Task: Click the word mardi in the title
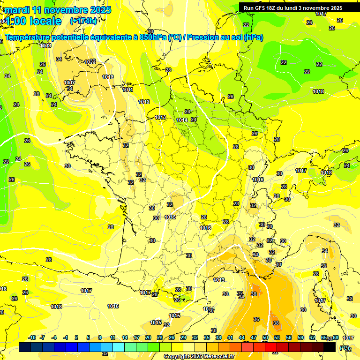pyautogui.click(x=17, y=10)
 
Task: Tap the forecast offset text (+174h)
pyautogui.click(x=83, y=21)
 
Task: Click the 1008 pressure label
pyautogui.click(x=45, y=45)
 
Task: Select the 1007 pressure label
pyautogui.click(x=69, y=82)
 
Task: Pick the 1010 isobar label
pyautogui.click(x=108, y=77)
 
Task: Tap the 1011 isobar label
pyautogui.click(x=127, y=90)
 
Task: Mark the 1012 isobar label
pyautogui.click(x=144, y=102)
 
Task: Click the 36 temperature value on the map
pyautogui.click(x=256, y=319)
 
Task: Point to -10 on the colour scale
pyautogui.click(x=32, y=337)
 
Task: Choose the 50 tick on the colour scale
pyautogui.click(x=265, y=337)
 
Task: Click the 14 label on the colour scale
pyautogui.click(x=125, y=337)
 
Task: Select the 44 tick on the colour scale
pyautogui.click(x=242, y=337)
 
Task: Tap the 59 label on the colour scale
pyautogui.click(x=300, y=337)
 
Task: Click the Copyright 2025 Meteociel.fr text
pyautogui.click(x=199, y=356)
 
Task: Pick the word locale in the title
pyautogui.click(x=45, y=21)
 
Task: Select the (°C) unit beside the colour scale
pyautogui.click(x=345, y=347)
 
